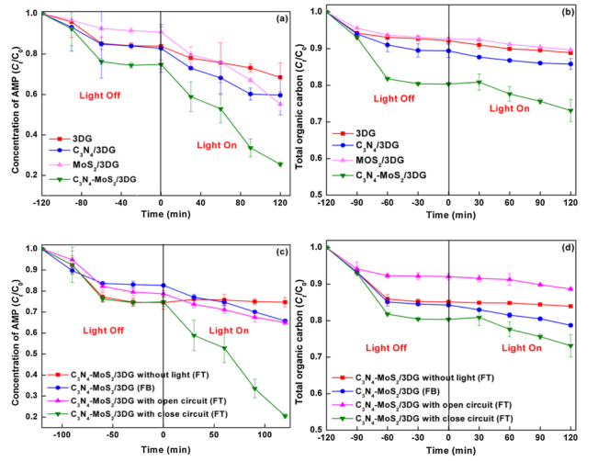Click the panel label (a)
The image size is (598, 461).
[272, 20]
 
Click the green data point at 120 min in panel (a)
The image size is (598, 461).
[280, 164]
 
